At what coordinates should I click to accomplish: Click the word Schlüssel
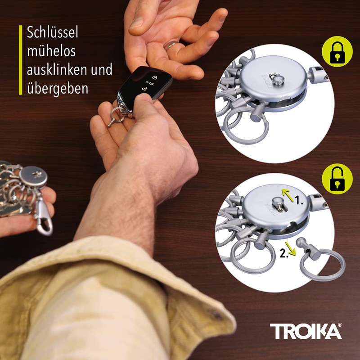(x=53, y=33)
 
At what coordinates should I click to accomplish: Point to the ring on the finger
(x=171, y=45)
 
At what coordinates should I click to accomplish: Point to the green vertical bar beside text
(x=20, y=60)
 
